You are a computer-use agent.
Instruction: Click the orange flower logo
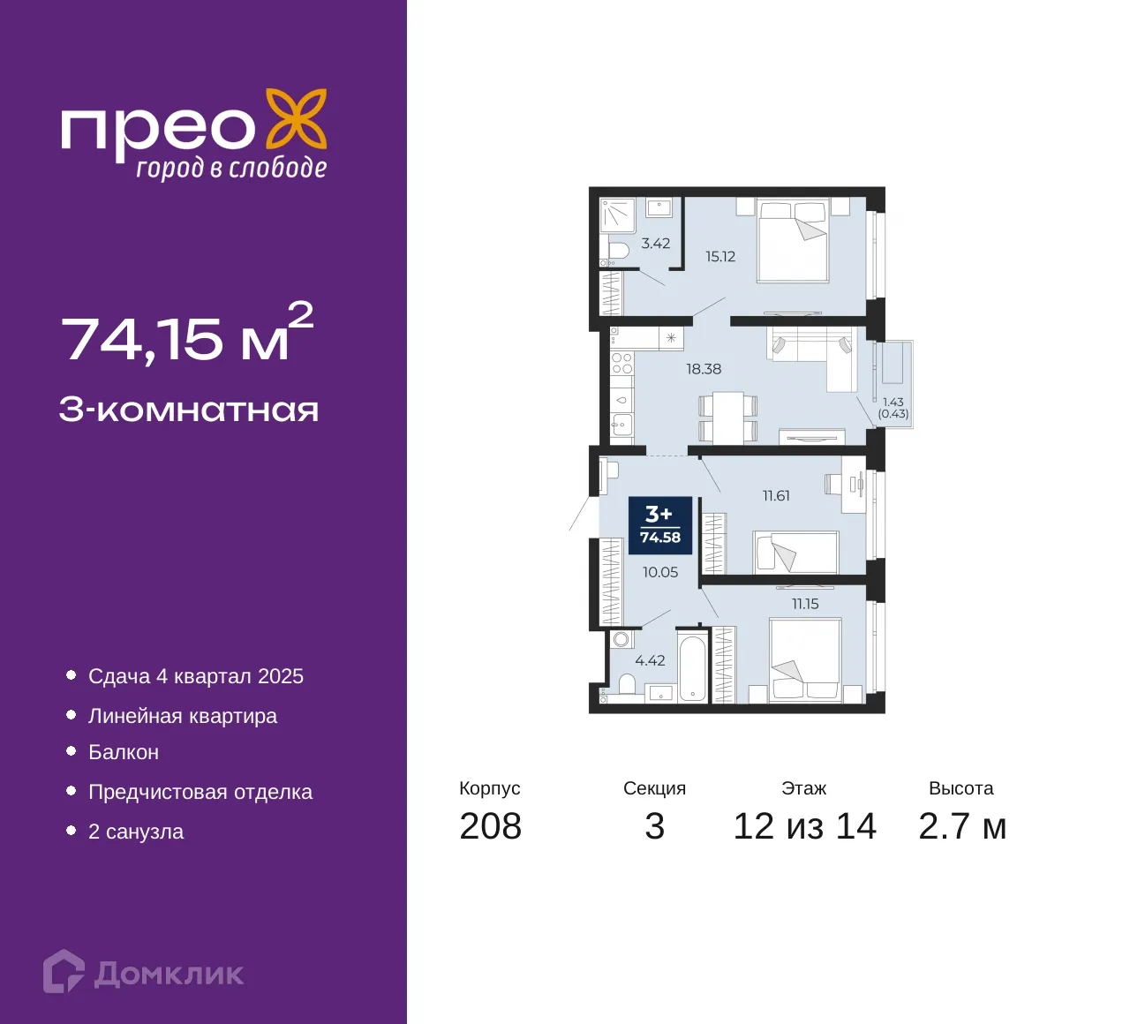click(296, 124)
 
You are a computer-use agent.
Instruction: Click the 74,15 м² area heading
click(187, 334)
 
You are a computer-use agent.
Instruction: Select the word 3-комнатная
click(189, 410)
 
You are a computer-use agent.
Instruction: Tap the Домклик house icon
click(64, 971)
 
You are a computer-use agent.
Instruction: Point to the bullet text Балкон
click(124, 752)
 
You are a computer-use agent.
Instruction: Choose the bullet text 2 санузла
click(136, 832)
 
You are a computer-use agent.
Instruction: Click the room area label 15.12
click(720, 257)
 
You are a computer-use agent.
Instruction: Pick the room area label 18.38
click(704, 369)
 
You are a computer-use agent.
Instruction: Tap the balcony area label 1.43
click(893, 403)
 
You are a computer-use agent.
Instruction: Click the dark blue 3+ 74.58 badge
click(660, 525)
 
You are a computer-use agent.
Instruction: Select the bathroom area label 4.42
click(650, 660)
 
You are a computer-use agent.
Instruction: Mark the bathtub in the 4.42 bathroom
click(693, 669)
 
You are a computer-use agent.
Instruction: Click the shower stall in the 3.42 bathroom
click(618, 215)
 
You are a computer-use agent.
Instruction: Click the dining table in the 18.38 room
click(727, 418)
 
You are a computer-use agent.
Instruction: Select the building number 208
click(491, 827)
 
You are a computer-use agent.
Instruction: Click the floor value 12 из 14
click(804, 827)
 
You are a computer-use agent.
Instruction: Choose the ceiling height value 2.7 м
click(962, 827)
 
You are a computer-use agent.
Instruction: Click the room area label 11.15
click(805, 604)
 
